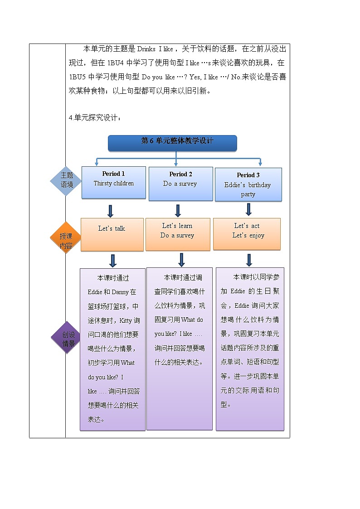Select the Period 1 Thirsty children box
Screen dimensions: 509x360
tap(113, 182)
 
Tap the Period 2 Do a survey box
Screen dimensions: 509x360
tap(180, 184)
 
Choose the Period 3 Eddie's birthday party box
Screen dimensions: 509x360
tap(248, 184)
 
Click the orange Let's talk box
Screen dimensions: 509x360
tap(112, 234)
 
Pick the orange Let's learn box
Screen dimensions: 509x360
tap(177, 234)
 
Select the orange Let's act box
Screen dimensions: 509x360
tap(247, 234)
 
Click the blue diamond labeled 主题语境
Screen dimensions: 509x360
tap(66, 180)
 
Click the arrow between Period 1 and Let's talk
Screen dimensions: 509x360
tap(110, 211)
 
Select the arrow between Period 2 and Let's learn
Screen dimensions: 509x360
tap(178, 210)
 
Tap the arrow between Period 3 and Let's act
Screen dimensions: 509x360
tap(248, 209)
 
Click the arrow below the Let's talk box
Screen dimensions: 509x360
tap(113, 260)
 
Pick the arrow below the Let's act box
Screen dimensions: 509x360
tap(249, 259)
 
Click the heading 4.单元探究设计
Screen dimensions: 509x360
tap(95, 118)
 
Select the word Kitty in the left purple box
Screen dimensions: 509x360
tap(126, 320)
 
